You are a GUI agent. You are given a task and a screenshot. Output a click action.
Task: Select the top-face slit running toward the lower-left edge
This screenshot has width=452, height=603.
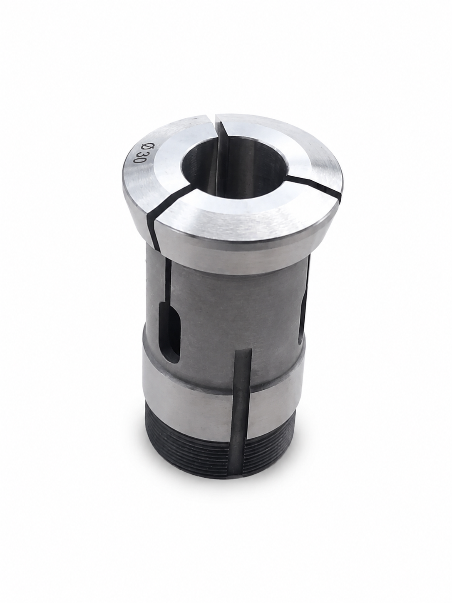pos(171,201)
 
